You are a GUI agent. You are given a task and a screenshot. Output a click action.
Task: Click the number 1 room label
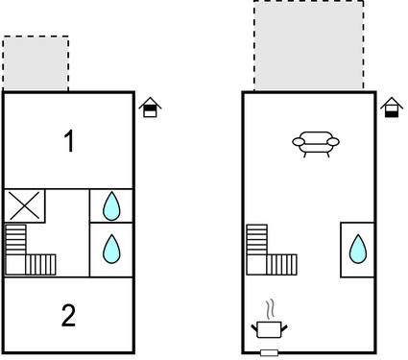(68, 142)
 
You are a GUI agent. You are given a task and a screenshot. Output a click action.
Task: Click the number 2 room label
(68, 315)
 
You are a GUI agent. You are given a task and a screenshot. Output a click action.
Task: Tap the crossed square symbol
(25, 205)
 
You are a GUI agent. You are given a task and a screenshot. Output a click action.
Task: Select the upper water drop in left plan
(111, 204)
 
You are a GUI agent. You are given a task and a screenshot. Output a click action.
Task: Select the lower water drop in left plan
(111, 250)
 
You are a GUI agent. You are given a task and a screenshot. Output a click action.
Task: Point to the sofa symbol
(316, 144)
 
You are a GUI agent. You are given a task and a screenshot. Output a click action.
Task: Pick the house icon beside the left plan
(149, 107)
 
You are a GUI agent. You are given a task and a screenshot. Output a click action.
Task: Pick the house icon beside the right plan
(390, 107)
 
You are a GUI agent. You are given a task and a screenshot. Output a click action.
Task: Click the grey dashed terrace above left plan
(36, 63)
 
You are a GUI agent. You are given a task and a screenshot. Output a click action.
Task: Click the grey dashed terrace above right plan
(308, 46)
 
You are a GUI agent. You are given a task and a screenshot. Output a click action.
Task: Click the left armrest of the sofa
(298, 144)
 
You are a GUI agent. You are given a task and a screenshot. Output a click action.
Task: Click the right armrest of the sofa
(334, 144)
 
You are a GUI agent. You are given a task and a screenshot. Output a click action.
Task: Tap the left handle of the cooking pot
(255, 328)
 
